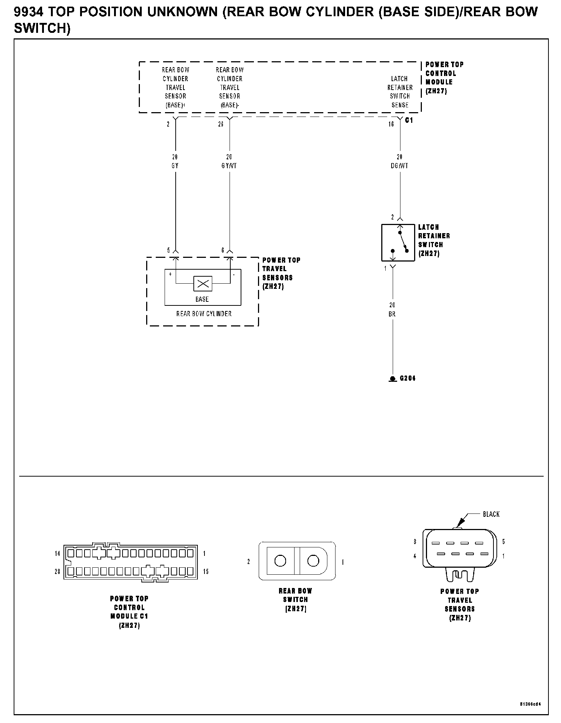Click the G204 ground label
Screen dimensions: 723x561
pyautogui.click(x=407, y=378)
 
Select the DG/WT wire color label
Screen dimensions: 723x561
pyautogui.click(x=399, y=166)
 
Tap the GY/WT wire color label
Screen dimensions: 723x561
pyautogui.click(x=229, y=166)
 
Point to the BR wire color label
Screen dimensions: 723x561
pyautogui.click(x=392, y=314)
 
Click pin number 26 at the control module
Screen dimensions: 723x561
pyautogui.click(x=221, y=124)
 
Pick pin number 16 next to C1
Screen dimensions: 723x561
pyautogui.click(x=391, y=124)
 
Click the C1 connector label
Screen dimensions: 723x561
pyautogui.click(x=409, y=120)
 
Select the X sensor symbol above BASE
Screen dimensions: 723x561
pyautogui.click(x=203, y=284)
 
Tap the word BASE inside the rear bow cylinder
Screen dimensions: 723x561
pyautogui.click(x=202, y=299)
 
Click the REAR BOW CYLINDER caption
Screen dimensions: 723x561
pyautogui.click(x=204, y=314)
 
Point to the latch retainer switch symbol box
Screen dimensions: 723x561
pyautogui.click(x=398, y=242)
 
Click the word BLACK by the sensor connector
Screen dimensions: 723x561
pyautogui.click(x=491, y=514)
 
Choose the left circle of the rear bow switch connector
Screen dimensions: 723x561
pyautogui.click(x=280, y=561)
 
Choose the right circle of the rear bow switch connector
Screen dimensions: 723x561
pyautogui.click(x=313, y=561)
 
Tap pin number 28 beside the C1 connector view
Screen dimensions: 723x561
pyautogui.click(x=58, y=571)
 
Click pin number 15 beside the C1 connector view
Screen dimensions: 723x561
pyautogui.click(x=206, y=571)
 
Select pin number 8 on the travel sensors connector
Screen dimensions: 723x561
pyautogui.click(x=415, y=542)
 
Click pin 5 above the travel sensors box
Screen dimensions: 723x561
pyautogui.click(x=169, y=250)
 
